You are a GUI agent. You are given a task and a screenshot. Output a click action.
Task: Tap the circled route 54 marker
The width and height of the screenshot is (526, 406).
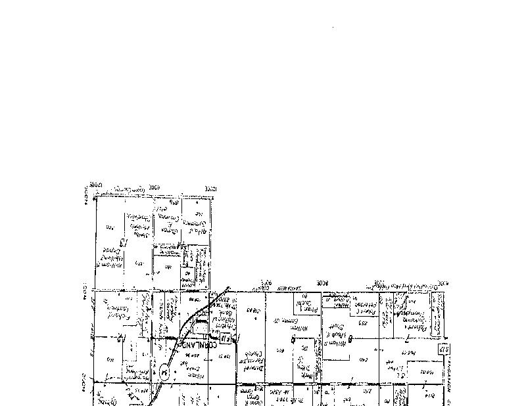(x=163, y=372)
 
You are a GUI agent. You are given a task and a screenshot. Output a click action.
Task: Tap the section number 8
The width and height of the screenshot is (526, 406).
(x=350, y=339)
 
